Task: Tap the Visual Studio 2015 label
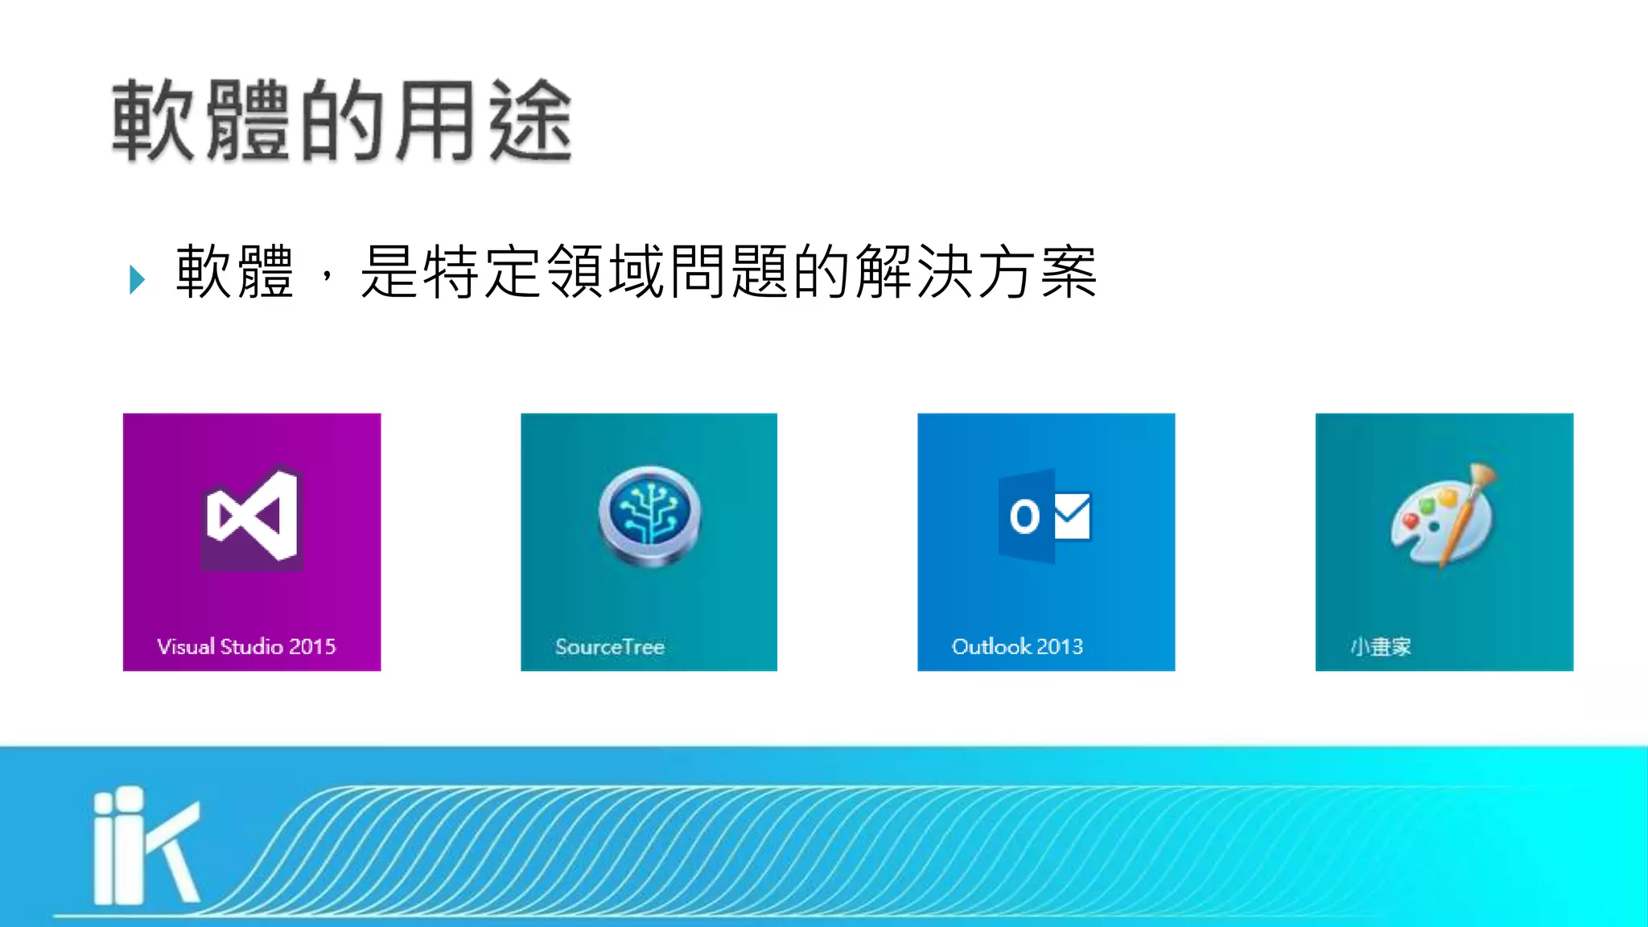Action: click(246, 646)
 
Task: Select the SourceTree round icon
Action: click(649, 515)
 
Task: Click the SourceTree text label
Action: click(609, 646)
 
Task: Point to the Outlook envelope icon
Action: click(1072, 516)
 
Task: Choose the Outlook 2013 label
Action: click(1017, 646)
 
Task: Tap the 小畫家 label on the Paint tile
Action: click(1380, 646)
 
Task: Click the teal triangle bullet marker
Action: click(137, 279)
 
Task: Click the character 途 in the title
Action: click(530, 121)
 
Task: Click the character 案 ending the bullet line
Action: click(1069, 272)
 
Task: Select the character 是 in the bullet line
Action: click(389, 272)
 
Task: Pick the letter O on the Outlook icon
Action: click(1024, 516)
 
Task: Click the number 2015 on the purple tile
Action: click(312, 646)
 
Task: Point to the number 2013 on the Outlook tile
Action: click(1060, 646)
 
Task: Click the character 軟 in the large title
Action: click(153, 121)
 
